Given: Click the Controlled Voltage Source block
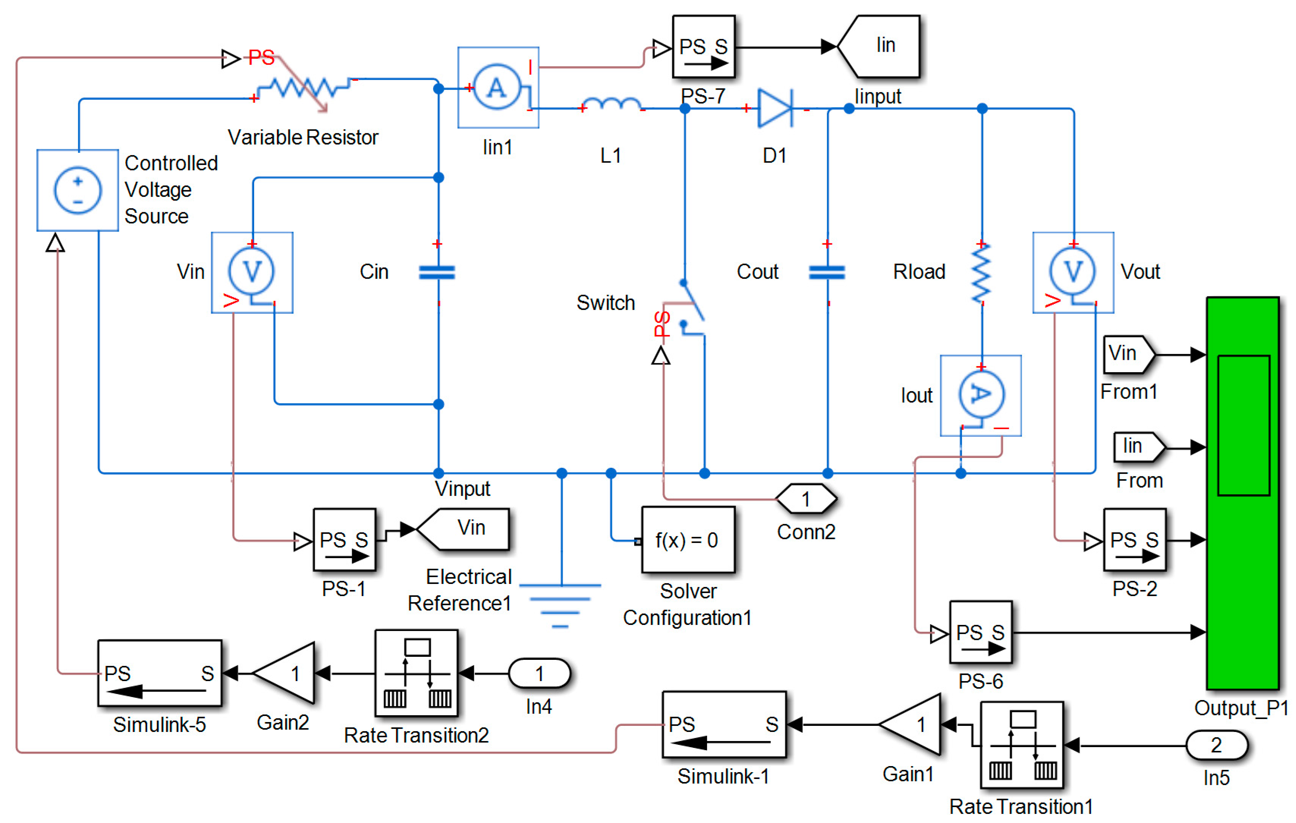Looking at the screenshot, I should (x=77, y=190).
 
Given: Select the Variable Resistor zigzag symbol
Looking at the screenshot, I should (x=303, y=87).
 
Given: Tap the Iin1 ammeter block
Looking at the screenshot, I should (x=498, y=87).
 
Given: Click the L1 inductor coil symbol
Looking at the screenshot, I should (x=612, y=104).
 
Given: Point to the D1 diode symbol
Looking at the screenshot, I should (x=775, y=108).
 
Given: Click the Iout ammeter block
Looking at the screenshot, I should (x=980, y=395).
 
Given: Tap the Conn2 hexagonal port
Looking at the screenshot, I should (x=806, y=499).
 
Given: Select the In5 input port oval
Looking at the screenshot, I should (x=1216, y=746).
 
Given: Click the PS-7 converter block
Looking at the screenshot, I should (x=704, y=47).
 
